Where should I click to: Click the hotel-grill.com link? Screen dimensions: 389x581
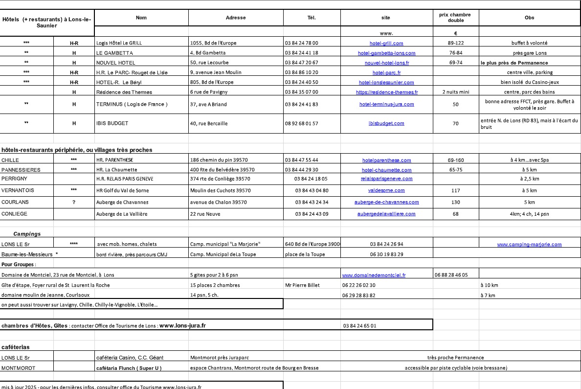(386, 43)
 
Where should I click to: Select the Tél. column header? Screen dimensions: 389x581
(312, 18)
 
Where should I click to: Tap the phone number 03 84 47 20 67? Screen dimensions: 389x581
(301, 63)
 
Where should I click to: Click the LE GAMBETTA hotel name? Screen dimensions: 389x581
(114, 53)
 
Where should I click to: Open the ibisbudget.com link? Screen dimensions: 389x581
(386, 123)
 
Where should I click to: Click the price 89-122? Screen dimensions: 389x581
(455, 43)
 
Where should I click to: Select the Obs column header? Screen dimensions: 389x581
(529, 18)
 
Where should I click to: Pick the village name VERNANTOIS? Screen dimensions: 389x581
(18, 190)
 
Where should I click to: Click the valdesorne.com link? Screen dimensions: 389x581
(386, 190)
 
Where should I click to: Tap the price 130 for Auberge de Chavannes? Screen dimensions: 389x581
(455, 202)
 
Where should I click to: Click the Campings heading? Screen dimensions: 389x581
(27, 234)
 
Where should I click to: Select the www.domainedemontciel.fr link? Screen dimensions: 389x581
(374, 275)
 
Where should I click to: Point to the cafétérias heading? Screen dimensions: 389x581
(16, 347)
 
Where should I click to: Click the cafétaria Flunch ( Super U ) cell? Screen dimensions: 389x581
(129, 367)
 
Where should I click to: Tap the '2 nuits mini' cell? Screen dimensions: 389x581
(455, 92)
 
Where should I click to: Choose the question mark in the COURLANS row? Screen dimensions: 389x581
(74, 202)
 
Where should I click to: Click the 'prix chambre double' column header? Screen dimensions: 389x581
(455, 18)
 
